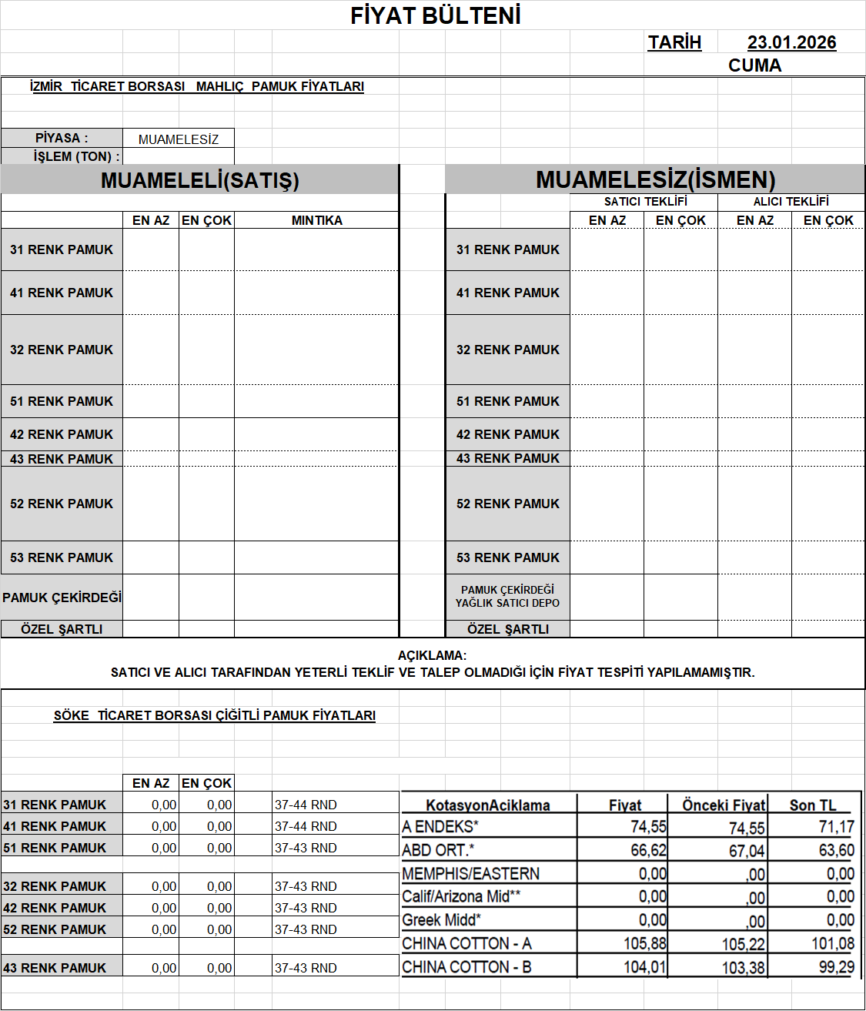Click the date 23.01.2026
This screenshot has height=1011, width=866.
(791, 42)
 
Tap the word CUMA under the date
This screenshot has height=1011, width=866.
(754, 65)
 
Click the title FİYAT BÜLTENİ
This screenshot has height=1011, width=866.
(436, 15)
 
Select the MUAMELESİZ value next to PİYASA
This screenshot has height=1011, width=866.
(179, 139)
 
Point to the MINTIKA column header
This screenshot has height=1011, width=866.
(316, 220)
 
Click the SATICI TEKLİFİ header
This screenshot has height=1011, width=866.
(645, 202)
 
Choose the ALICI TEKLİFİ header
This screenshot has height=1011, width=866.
(791, 202)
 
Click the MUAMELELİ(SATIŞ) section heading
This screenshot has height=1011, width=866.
(199, 180)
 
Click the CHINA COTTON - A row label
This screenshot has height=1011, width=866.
(466, 944)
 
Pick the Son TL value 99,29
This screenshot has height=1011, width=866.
(836, 967)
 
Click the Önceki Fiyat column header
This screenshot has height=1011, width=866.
(724, 805)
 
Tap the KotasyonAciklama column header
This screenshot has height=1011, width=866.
(488, 805)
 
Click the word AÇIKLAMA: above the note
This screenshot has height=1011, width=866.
(432, 656)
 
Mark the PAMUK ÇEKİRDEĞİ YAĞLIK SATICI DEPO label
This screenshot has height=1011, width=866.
(507, 597)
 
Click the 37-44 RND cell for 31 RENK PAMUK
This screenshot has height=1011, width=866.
(306, 805)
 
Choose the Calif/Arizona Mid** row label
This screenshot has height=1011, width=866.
(461, 896)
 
